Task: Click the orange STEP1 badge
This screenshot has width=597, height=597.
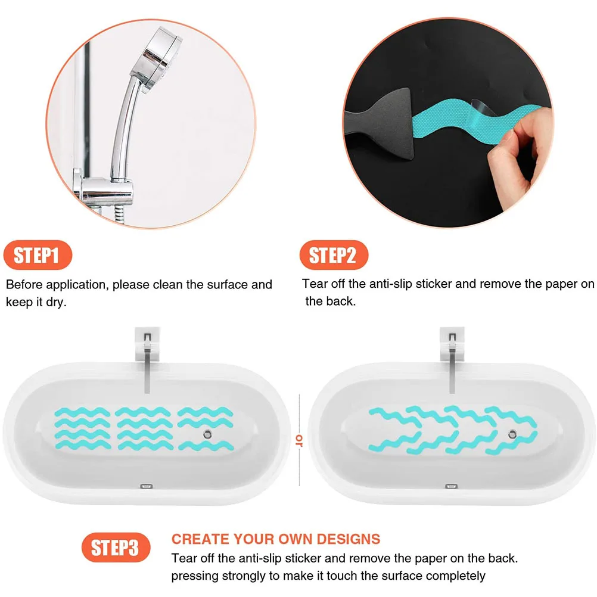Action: (x=37, y=256)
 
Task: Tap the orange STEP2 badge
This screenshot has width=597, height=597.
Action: (x=333, y=256)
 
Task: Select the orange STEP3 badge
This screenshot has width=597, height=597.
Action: (x=116, y=547)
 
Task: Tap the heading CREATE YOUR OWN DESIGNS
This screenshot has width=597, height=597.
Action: (x=276, y=539)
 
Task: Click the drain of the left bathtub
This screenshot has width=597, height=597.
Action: (x=206, y=434)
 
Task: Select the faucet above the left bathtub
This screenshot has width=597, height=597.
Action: (x=147, y=357)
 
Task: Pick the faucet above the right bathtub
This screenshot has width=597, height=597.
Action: (x=451, y=357)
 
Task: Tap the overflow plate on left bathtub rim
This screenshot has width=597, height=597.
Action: (x=146, y=486)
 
